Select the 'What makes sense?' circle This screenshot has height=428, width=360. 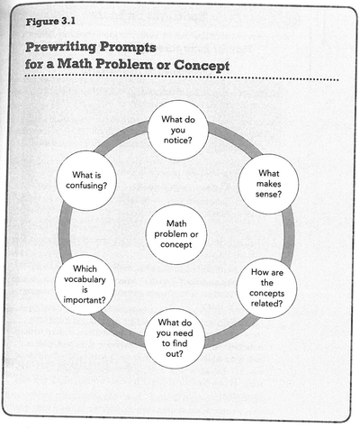[268, 184]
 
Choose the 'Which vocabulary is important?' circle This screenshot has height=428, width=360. [85, 285]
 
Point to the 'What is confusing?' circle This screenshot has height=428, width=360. [88, 179]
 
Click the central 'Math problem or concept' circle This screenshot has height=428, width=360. [176, 234]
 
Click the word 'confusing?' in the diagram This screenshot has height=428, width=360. [88, 186]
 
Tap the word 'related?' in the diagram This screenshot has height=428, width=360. [267, 302]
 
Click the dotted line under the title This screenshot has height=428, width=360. [180, 80]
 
